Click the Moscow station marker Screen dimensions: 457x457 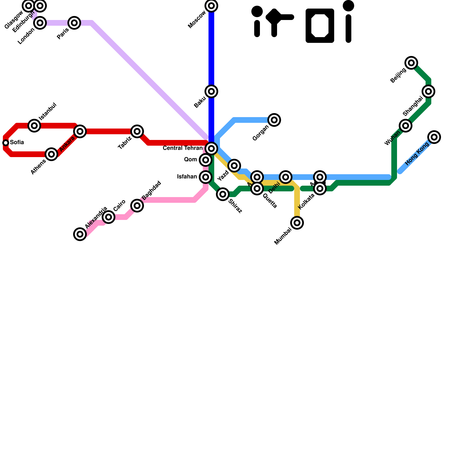click(x=211, y=6)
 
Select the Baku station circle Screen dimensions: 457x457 click(x=211, y=91)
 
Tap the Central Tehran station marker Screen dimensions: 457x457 click(x=211, y=149)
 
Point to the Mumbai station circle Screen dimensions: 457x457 click(x=297, y=223)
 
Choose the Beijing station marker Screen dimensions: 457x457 click(x=411, y=63)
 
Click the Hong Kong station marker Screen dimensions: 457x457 click(x=434, y=137)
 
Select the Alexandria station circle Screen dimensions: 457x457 click(x=80, y=234)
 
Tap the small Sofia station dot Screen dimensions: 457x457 click(x=6, y=143)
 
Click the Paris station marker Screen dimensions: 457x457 click(x=74, y=23)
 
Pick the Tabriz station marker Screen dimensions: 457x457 click(x=137, y=131)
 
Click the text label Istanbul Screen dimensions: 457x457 click(x=48, y=111)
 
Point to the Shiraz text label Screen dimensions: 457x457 click(x=235, y=206)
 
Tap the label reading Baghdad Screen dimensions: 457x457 click(x=151, y=191)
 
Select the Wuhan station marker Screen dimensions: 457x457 click(x=406, y=126)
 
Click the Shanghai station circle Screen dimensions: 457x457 click(x=428, y=91)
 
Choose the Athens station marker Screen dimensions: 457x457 click(x=51, y=154)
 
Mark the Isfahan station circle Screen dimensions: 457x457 click(x=206, y=177)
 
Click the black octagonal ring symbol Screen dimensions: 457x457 click(x=320, y=26)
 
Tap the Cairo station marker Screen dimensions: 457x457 click(x=109, y=217)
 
